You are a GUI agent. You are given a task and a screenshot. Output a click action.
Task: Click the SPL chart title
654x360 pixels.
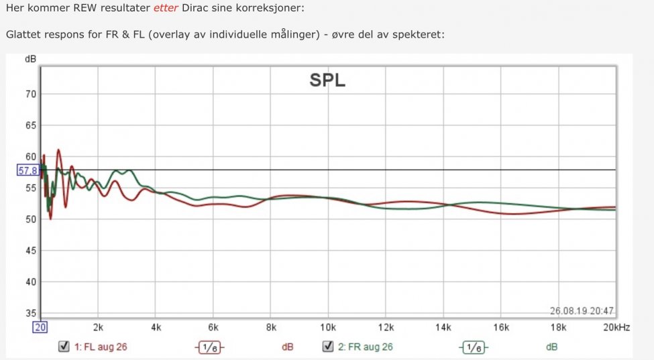tap(327, 81)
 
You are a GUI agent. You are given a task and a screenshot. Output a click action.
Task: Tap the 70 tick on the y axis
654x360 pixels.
tap(30, 94)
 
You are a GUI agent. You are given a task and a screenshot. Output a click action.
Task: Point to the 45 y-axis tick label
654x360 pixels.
tap(30, 251)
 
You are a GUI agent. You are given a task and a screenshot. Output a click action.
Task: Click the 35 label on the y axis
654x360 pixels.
tap(30, 313)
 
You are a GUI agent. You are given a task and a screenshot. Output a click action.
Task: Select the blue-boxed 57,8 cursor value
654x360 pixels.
tap(28, 170)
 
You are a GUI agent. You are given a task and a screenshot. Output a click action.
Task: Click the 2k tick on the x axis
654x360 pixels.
tap(98, 327)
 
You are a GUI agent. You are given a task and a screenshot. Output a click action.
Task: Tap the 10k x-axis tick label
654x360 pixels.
tap(328, 327)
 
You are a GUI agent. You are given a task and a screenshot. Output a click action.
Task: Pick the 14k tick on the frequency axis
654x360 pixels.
tap(443, 327)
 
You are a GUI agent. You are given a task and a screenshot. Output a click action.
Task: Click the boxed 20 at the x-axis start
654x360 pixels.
tap(40, 327)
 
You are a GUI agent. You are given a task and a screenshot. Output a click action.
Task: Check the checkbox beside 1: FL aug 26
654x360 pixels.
tap(64, 347)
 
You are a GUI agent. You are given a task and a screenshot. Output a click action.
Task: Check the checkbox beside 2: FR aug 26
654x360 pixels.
tap(328, 347)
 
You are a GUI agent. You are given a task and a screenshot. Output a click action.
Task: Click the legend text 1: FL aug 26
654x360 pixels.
tap(101, 347)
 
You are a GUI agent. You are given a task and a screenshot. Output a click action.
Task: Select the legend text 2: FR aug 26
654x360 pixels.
tap(366, 347)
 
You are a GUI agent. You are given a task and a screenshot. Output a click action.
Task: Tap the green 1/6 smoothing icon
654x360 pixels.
tap(474, 347)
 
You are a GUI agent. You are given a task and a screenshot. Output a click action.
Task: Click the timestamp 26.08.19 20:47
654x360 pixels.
tap(582, 310)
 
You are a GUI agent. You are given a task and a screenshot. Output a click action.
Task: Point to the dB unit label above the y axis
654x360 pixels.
tap(30, 59)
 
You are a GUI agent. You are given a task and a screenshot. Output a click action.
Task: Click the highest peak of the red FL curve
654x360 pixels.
tap(58, 150)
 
